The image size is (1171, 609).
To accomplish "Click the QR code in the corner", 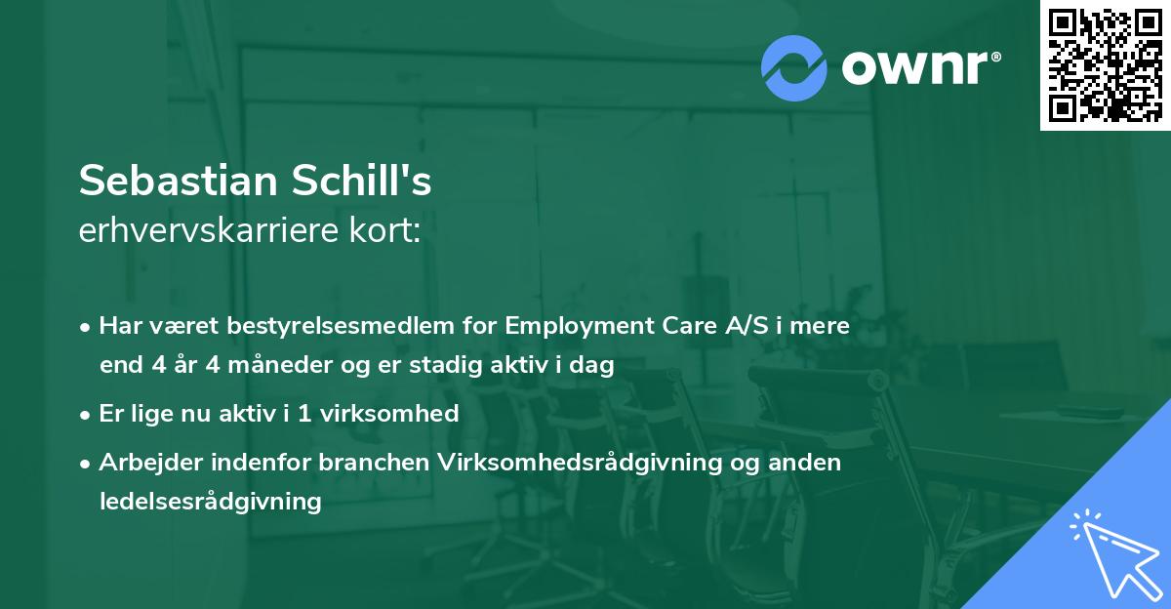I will tap(1105, 65).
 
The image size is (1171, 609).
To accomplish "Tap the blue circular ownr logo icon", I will tap(794, 68).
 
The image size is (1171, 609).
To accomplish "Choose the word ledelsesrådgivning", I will tap(210, 502).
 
